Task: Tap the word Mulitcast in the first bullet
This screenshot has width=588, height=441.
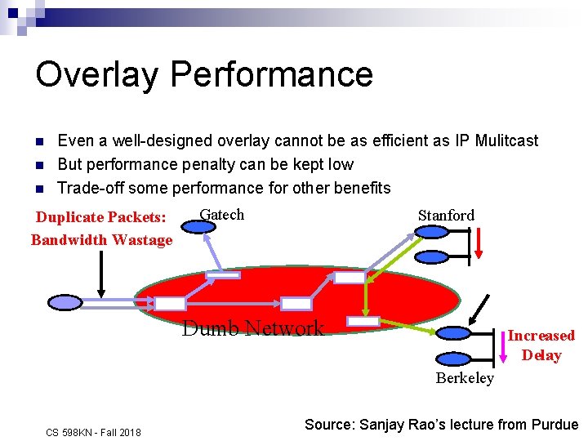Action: point(501,140)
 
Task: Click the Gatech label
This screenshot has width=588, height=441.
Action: point(222,214)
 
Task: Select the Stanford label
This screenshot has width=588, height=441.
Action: point(446,215)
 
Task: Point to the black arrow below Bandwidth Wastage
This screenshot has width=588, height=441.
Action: point(100,274)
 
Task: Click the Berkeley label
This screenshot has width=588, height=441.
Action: point(465,377)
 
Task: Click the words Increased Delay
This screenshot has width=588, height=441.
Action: point(541,345)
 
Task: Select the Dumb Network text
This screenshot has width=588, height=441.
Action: point(253,328)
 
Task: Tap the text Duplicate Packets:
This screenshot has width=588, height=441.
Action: point(100,217)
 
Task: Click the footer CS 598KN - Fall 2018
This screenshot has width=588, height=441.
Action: point(93,432)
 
